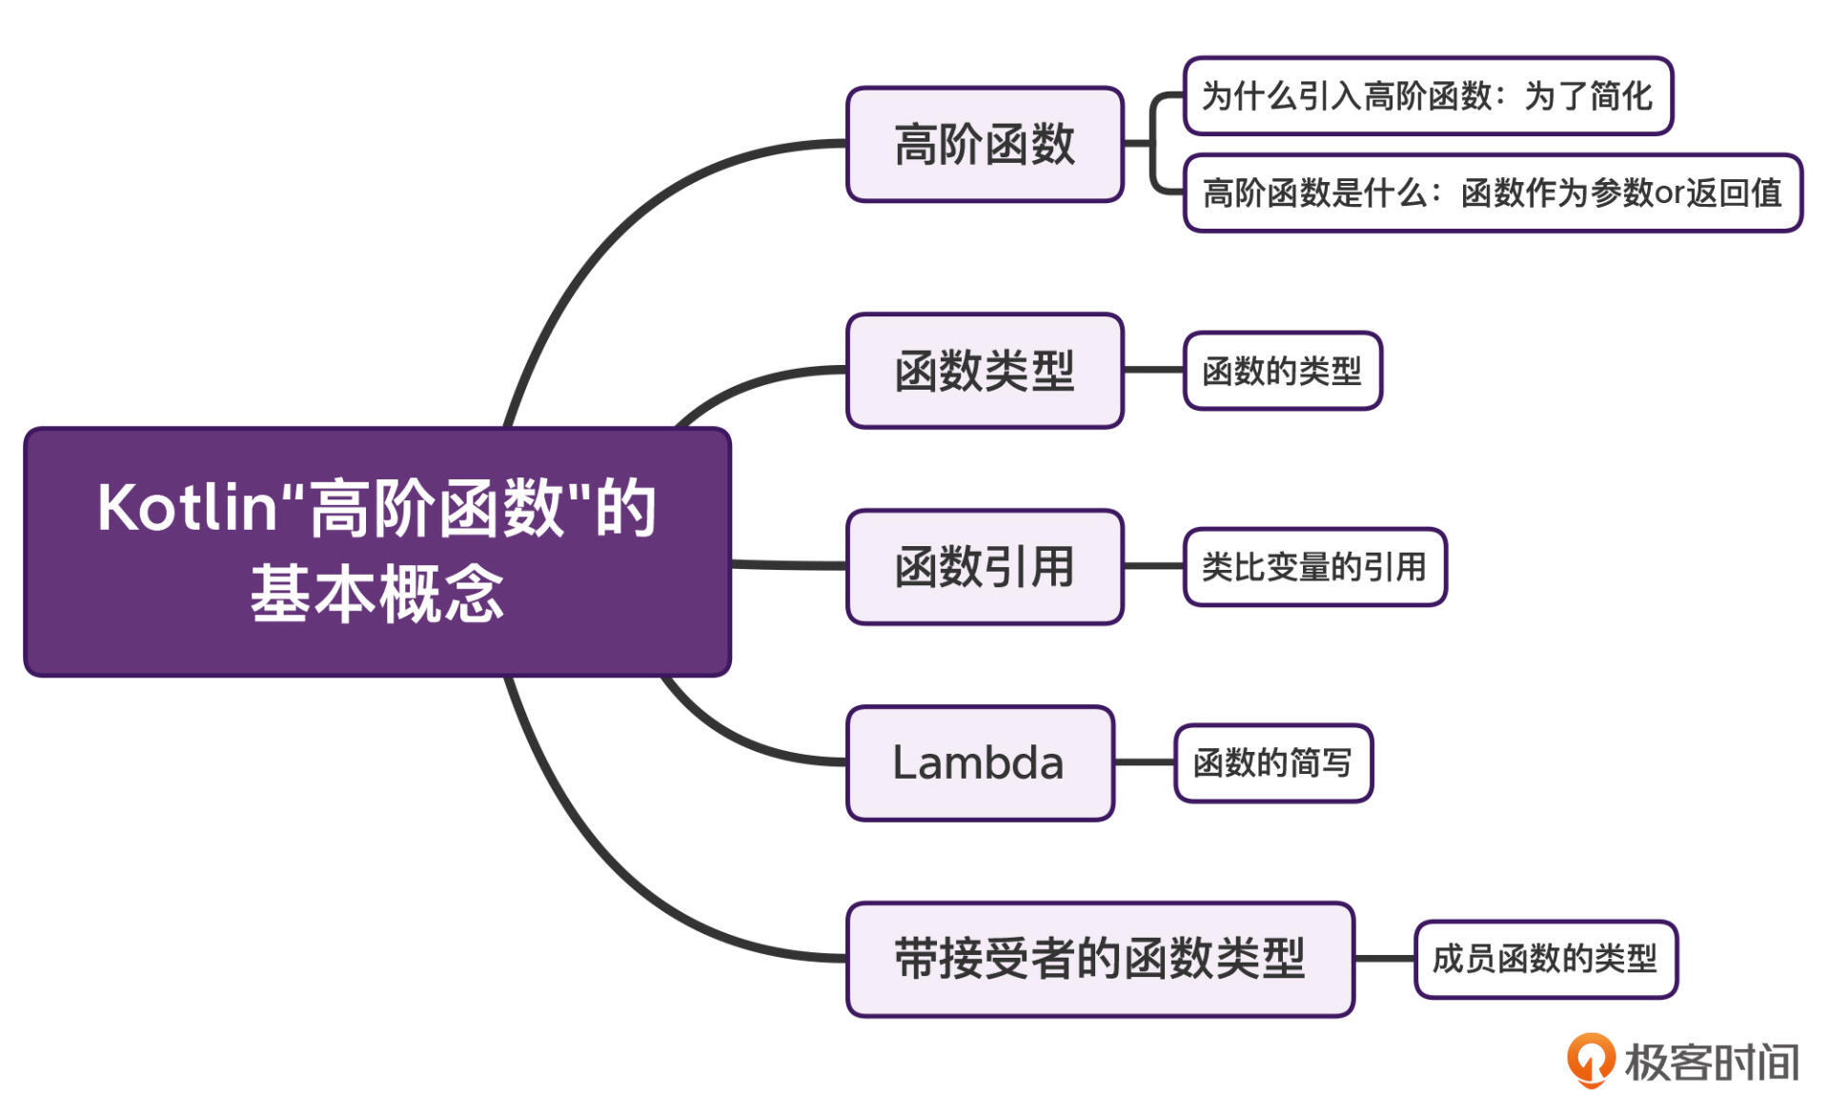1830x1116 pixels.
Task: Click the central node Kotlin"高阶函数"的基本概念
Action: (x=377, y=552)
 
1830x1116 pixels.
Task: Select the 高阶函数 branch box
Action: (x=985, y=145)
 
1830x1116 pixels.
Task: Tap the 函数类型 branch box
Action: (x=985, y=371)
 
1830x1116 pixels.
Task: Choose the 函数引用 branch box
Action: (x=985, y=567)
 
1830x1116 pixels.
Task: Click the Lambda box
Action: (x=980, y=763)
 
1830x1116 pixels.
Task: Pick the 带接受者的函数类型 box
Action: (x=1100, y=960)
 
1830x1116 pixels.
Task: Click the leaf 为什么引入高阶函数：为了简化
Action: (x=1427, y=96)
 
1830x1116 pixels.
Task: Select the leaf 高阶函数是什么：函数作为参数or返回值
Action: (x=1492, y=193)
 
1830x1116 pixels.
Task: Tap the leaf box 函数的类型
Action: (x=1282, y=371)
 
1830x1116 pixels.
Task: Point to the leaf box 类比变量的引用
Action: (x=1314, y=567)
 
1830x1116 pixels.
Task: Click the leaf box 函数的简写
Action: (x=1272, y=763)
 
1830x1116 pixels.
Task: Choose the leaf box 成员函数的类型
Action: (x=1545, y=960)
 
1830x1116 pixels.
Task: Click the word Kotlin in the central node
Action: (x=187, y=508)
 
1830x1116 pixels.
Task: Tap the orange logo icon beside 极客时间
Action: (x=1590, y=1060)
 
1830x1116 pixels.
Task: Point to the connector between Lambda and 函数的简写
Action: (x=1144, y=762)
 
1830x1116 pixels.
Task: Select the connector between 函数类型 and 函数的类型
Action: (x=1153, y=370)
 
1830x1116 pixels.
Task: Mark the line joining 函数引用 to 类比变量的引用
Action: (x=1153, y=566)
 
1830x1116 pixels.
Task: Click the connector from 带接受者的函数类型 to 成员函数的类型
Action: (x=1384, y=959)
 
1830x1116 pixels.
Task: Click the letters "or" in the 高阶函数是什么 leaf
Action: (x=1670, y=193)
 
